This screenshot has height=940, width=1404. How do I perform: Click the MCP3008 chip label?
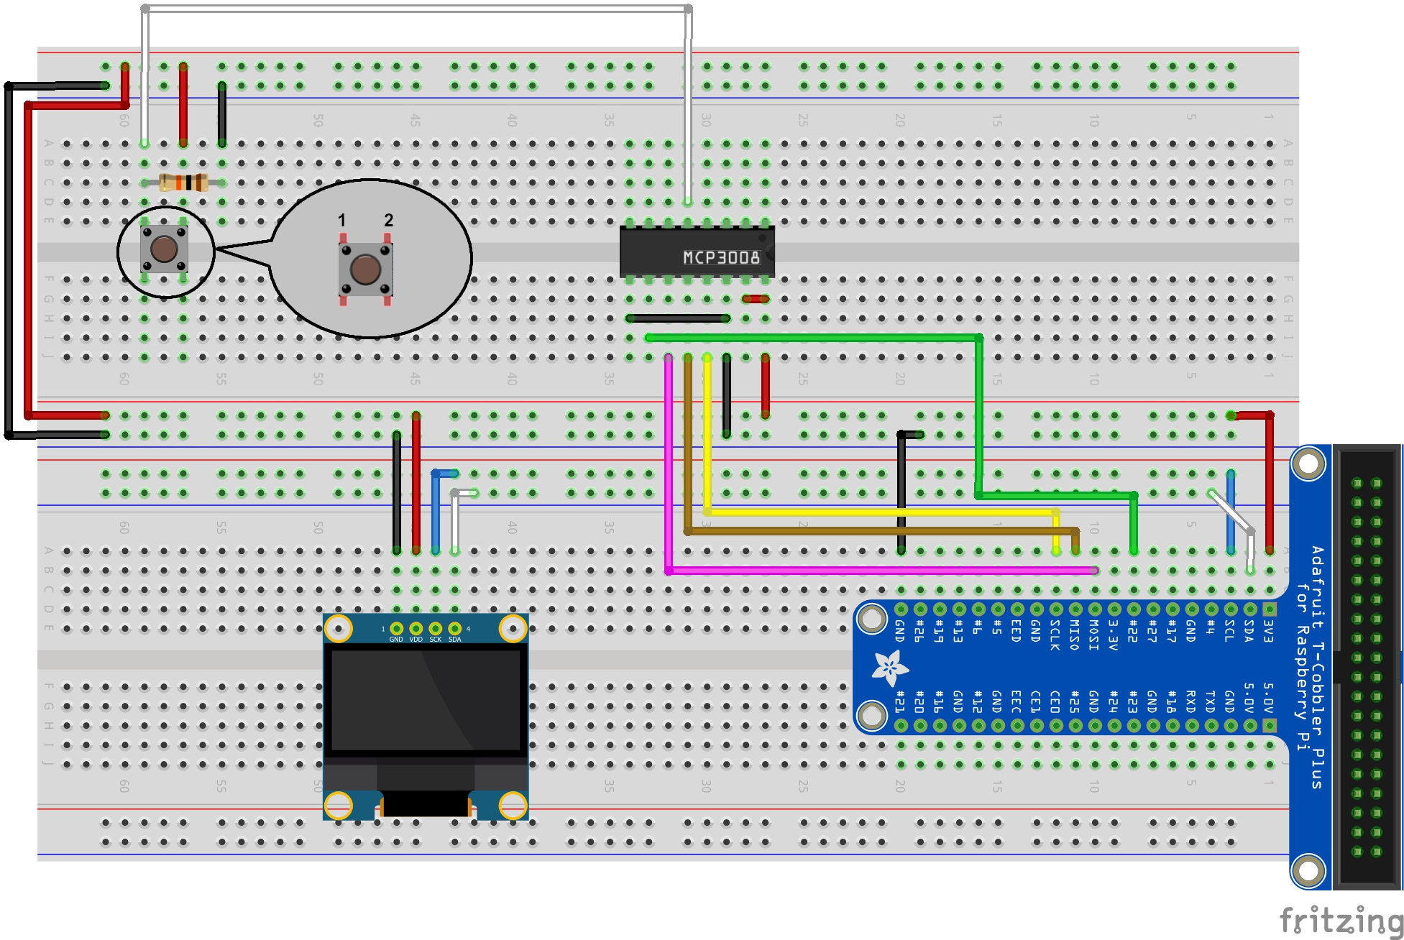click(720, 257)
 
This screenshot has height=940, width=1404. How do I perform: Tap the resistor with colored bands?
click(184, 183)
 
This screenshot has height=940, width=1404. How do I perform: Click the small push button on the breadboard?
click(164, 249)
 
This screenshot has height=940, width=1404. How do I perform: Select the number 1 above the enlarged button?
click(342, 220)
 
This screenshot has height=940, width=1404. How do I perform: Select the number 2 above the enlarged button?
click(388, 220)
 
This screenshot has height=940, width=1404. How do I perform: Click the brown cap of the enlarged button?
click(365, 269)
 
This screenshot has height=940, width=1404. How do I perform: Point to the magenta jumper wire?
click(863, 571)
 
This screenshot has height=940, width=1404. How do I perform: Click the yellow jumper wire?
click(863, 512)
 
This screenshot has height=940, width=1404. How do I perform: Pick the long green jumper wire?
click(812, 338)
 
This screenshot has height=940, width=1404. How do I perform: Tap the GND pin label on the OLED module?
click(396, 639)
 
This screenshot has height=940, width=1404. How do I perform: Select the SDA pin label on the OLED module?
click(455, 639)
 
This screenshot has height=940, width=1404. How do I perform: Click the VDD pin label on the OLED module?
click(416, 639)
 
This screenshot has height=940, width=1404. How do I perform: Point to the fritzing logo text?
click(1341, 920)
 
